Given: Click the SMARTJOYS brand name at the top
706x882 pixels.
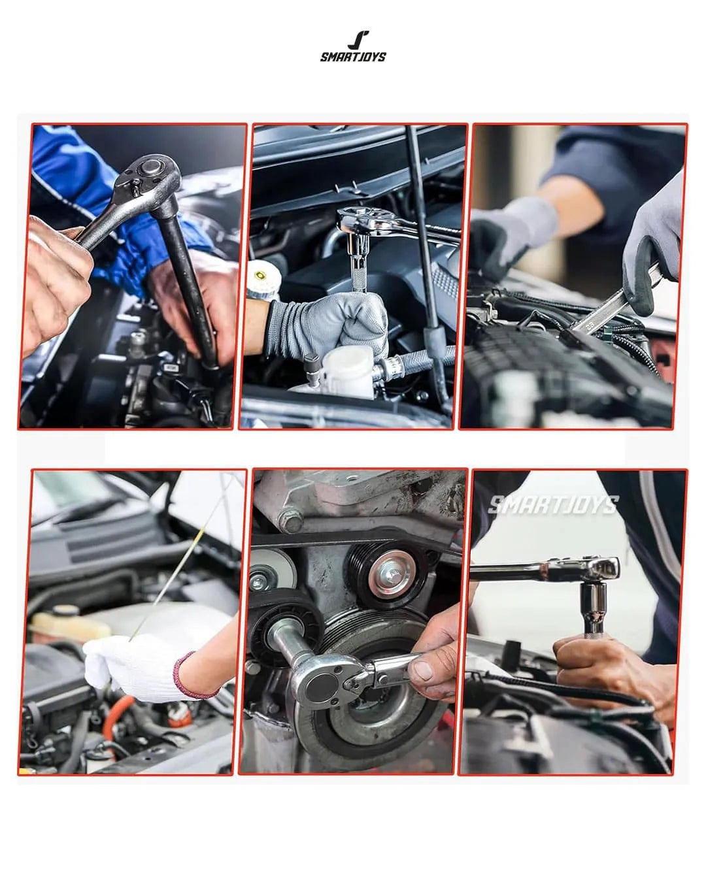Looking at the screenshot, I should (353, 57).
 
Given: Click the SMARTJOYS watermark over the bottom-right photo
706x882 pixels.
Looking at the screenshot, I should (553, 504).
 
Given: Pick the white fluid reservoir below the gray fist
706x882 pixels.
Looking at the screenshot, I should (340, 370).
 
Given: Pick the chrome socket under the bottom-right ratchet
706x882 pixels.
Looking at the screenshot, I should (594, 608).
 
